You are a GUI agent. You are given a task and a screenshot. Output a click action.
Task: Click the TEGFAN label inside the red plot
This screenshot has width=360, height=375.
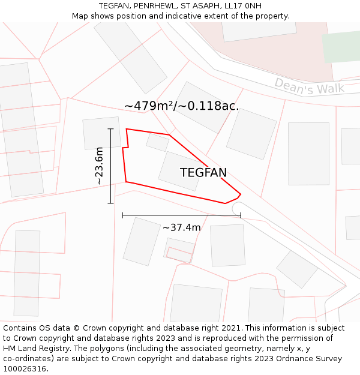pos(203,173)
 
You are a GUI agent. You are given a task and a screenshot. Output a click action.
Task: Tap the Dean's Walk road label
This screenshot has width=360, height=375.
pos(309,86)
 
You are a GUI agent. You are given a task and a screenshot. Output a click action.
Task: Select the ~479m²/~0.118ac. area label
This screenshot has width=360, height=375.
pos(181,106)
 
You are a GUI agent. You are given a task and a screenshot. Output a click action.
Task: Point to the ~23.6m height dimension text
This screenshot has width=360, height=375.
pos(99,166)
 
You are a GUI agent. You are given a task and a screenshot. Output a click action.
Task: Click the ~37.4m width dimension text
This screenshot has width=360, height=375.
pos(181,227)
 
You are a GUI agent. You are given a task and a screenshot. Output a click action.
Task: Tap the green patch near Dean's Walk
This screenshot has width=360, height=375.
pos(340,47)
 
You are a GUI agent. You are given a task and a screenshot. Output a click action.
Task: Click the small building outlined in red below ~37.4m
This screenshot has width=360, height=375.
pos(179,254)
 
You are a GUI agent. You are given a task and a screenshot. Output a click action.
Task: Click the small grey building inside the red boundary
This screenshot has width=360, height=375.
pos(158,142)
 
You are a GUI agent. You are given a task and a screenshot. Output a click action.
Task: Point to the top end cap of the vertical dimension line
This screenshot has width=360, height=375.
pos(111,129)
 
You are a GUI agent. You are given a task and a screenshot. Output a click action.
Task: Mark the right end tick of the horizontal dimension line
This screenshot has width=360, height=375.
pos(241,215)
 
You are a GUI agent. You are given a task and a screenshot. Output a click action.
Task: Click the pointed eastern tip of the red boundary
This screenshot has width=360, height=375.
pos(240,194)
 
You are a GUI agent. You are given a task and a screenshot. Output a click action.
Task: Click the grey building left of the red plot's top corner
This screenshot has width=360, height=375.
pos(102,133)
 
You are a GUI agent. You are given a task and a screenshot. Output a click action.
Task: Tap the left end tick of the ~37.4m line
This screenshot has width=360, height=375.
pos(122,215)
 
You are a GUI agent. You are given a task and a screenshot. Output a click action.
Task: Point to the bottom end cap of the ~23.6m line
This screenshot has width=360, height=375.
pos(111,203)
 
